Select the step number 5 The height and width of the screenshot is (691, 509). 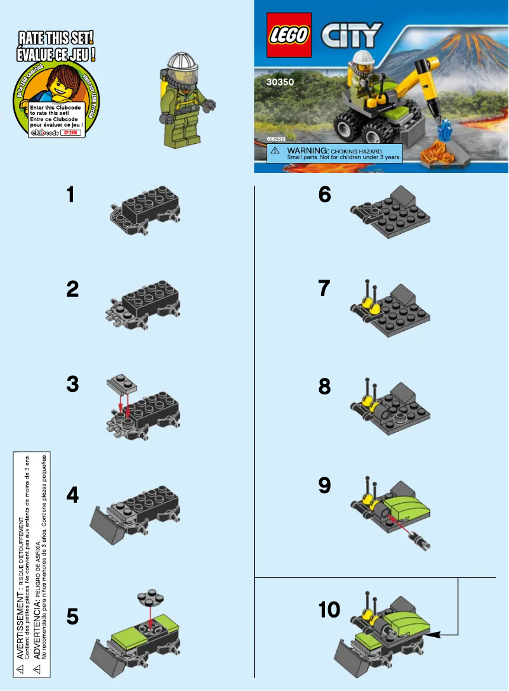pyautogui.click(x=74, y=616)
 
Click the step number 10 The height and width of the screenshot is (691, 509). pyautogui.click(x=329, y=610)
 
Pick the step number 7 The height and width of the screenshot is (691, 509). pyautogui.click(x=324, y=289)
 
